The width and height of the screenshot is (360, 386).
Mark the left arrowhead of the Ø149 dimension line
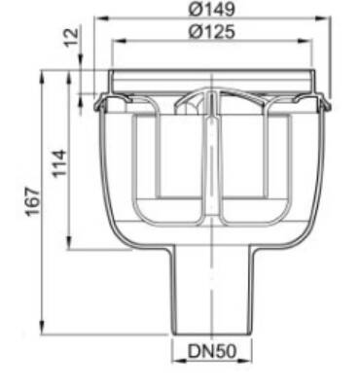tap(102, 18)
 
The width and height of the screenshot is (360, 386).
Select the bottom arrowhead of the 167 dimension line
tap(42, 331)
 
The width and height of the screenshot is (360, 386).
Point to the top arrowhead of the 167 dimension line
tap(42, 74)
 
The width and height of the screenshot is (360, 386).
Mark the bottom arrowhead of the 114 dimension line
tap(68, 247)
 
